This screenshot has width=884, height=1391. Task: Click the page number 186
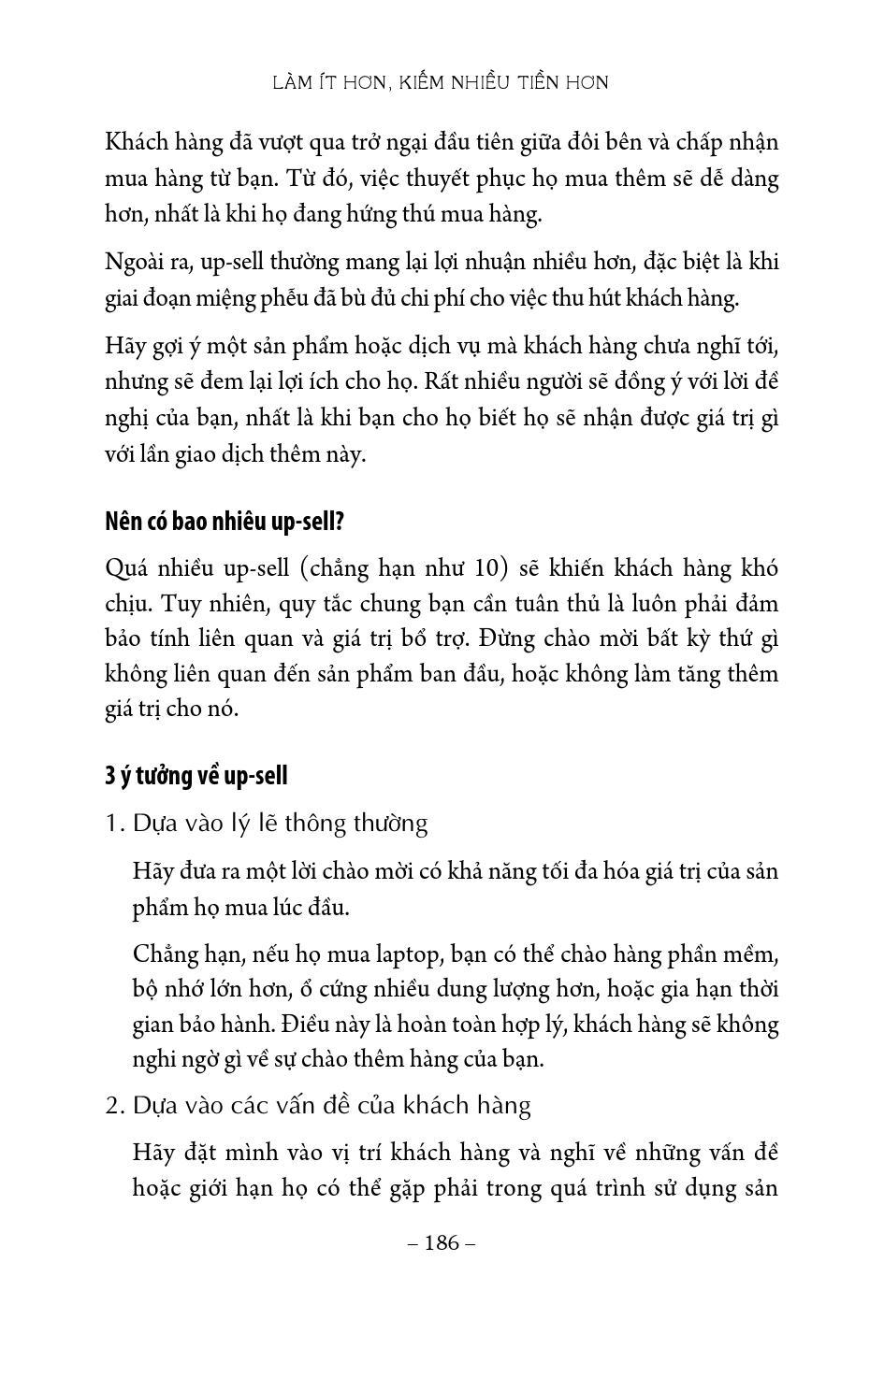coord(442,1242)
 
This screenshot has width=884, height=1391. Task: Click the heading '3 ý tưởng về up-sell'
coord(196,776)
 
